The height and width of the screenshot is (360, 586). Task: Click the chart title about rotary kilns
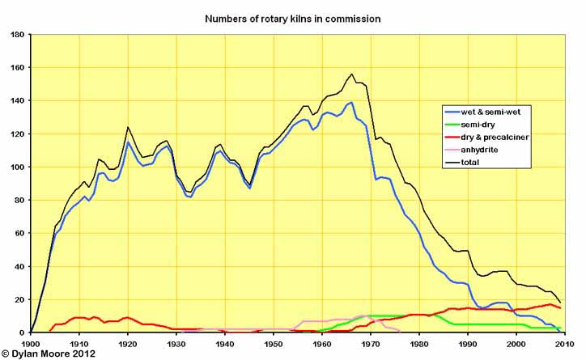pyautogui.click(x=292, y=17)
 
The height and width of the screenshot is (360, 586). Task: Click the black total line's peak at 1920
pyautogui.click(x=128, y=127)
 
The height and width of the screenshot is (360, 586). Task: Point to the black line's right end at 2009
pyautogui.click(x=560, y=303)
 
